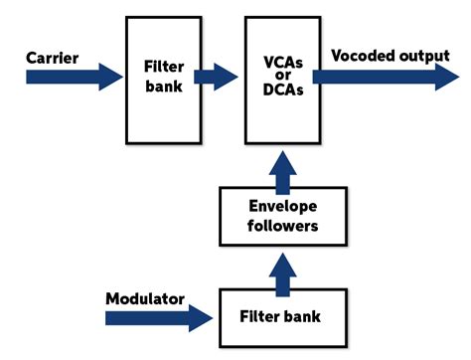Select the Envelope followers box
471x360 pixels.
point(281,216)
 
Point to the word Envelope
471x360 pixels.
point(281,206)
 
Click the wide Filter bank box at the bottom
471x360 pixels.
point(281,317)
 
